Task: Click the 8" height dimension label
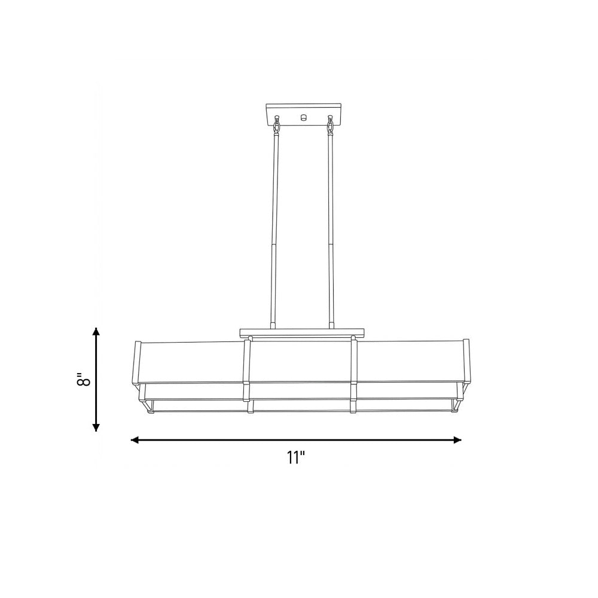(84, 379)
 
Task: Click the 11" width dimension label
(297, 457)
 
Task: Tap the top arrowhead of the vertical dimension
(96, 331)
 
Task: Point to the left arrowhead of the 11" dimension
(135, 440)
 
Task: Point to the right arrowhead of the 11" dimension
(457, 440)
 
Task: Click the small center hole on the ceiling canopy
(304, 117)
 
